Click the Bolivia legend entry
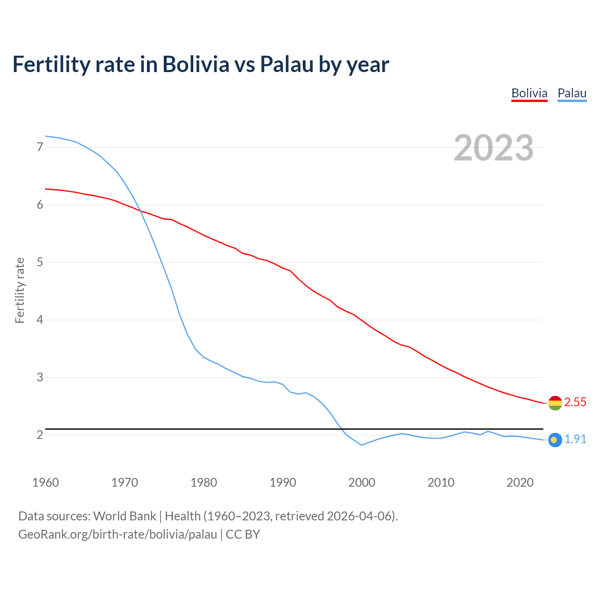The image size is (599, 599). (529, 93)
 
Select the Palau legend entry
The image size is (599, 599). (572, 93)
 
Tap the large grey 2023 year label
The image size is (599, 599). (494, 148)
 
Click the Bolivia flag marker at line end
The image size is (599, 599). (555, 403)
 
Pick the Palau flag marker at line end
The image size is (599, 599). (555, 440)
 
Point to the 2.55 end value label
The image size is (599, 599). (575, 402)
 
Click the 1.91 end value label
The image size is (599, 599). (575, 439)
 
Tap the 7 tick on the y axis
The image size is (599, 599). (40, 147)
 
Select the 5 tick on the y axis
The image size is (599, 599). (40, 263)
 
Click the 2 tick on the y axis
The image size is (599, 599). (40, 435)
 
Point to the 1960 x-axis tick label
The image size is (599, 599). (45, 482)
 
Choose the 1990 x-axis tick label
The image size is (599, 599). (283, 482)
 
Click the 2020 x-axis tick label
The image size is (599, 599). (520, 482)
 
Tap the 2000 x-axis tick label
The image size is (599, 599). (362, 482)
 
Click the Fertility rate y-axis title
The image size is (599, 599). (20, 291)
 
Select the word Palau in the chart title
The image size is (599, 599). (286, 64)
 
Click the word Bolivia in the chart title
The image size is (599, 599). (196, 64)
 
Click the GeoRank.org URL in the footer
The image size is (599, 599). (117, 534)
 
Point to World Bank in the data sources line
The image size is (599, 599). (124, 516)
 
